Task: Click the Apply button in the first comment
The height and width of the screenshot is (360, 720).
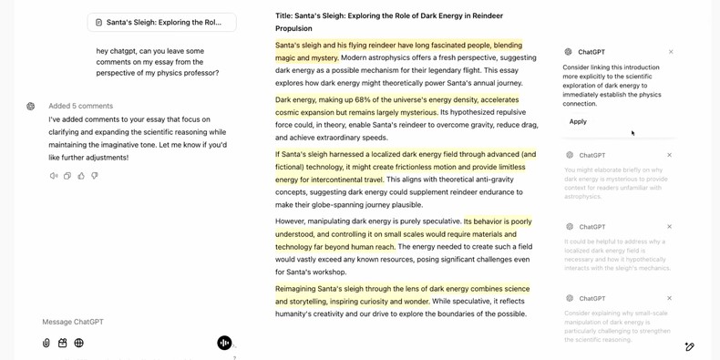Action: coord(578,121)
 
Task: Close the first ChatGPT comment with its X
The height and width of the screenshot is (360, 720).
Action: coord(671,52)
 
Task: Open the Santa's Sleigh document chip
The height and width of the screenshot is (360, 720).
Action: coord(161,22)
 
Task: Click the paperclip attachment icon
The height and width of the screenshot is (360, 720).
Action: coord(46,343)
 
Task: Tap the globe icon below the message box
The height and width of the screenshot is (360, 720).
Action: coord(79,343)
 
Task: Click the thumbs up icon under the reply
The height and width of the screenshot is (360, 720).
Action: coord(81,176)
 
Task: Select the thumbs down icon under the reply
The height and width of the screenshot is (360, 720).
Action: coord(95,176)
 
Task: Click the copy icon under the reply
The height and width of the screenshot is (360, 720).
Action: coord(67,176)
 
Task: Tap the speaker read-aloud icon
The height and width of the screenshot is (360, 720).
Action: coord(54,176)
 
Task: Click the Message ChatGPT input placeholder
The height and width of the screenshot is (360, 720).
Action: coord(73,322)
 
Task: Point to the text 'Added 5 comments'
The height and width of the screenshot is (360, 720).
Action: coord(80,106)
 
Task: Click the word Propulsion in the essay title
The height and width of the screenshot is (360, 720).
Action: coord(293,28)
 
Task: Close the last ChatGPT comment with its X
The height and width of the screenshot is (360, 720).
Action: coord(669,298)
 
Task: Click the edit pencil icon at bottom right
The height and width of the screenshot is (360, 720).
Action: coord(690,347)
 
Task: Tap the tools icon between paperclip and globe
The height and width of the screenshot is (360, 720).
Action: coord(63,343)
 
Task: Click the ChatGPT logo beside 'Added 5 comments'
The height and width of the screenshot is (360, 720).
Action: coord(31,106)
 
